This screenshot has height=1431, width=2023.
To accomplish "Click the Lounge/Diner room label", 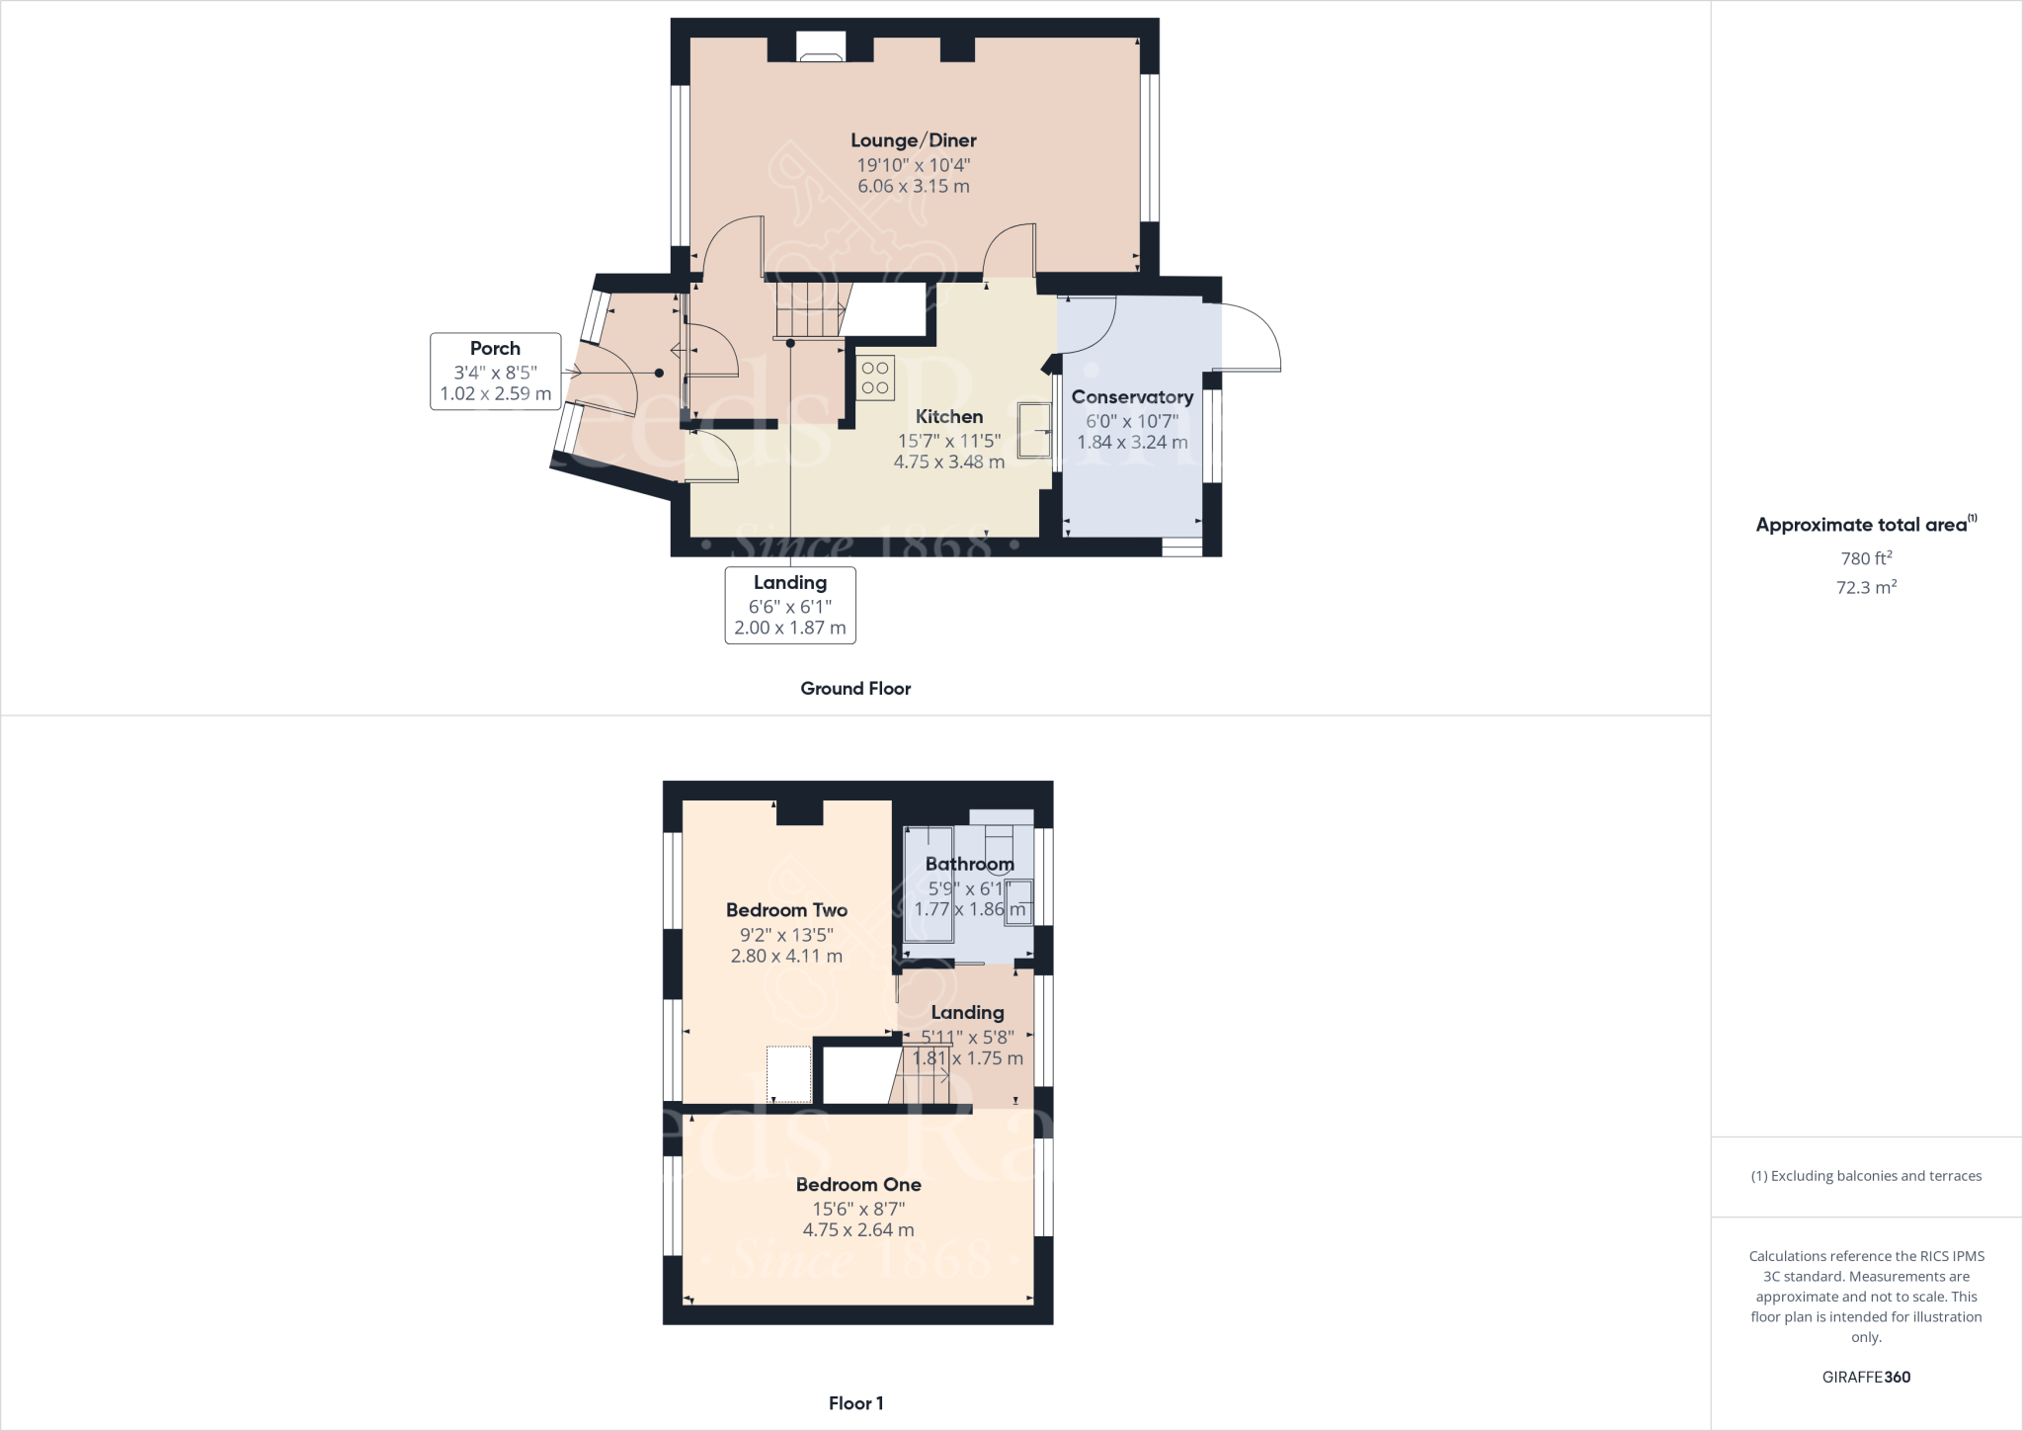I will pyautogui.click(x=914, y=140).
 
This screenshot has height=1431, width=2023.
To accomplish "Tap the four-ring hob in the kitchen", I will pyautogui.click(x=875, y=378).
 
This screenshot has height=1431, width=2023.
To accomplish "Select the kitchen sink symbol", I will pyautogui.click(x=1035, y=430).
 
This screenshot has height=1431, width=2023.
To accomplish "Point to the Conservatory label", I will pyautogui.click(x=1132, y=397).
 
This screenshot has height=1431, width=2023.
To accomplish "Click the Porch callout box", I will pyautogui.click(x=495, y=371).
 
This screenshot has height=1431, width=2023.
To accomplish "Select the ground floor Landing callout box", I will pyautogui.click(x=790, y=605).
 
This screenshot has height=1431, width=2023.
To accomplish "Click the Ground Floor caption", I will pyautogui.click(x=855, y=689).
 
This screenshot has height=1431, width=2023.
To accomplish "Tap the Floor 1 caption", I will pyautogui.click(x=855, y=1403).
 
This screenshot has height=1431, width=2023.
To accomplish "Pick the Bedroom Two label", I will pyautogui.click(x=786, y=910).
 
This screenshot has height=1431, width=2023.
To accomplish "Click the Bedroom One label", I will pyautogui.click(x=858, y=1184).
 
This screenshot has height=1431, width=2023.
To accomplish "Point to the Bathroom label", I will pyautogui.click(x=969, y=864).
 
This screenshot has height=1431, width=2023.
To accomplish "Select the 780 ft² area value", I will pyautogui.click(x=1866, y=558).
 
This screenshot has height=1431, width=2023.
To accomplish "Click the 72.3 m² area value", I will pyautogui.click(x=1866, y=587).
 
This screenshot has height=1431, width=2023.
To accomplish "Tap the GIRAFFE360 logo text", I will pyautogui.click(x=1866, y=1377).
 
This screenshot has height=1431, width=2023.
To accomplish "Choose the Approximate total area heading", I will pyautogui.click(x=1865, y=525).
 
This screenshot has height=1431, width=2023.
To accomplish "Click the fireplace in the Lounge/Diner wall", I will pyautogui.click(x=821, y=47).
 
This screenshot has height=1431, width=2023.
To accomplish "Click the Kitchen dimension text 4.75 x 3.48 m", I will pyautogui.click(x=948, y=462).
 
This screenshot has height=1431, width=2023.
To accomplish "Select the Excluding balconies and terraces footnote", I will pyautogui.click(x=1866, y=1176).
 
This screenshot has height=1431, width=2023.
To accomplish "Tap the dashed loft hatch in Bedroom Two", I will pyautogui.click(x=789, y=1074).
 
